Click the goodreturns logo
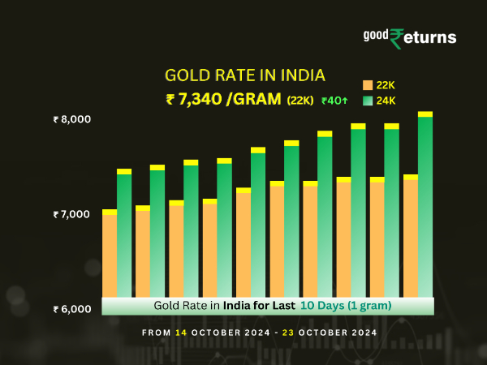click(409, 37)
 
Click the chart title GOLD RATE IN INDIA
click(245, 75)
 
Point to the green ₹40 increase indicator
click(335, 101)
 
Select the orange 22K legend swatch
click(368, 85)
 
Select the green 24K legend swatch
click(368, 101)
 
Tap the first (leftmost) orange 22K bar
click(110, 255)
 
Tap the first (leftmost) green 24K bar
click(124, 235)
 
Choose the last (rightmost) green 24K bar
click(425, 207)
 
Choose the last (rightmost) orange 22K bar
click(411, 237)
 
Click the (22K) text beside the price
click(300, 101)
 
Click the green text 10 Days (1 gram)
click(346, 306)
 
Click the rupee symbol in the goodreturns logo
click(398, 38)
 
